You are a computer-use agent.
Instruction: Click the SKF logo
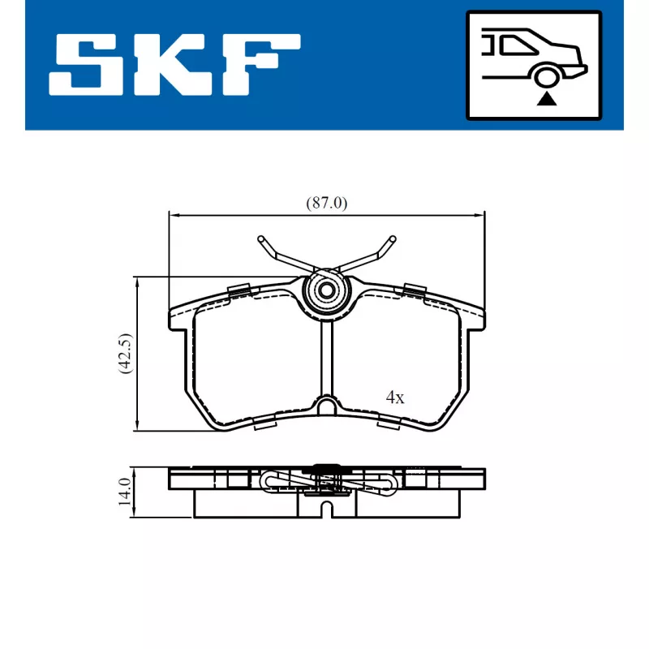pos(174,64)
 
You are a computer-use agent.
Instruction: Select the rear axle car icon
pos(533,64)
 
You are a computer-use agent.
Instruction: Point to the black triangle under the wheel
pos(548,100)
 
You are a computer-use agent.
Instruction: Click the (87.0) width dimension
pos(326,204)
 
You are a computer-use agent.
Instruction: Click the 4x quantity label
pos(395,398)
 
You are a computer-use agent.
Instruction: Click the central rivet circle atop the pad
pos(326,291)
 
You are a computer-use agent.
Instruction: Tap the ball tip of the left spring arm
pos(261,239)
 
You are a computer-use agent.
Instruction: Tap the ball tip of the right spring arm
pos(392,239)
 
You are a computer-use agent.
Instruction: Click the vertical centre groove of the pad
pos(326,357)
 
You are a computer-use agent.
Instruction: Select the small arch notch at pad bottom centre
pos(326,406)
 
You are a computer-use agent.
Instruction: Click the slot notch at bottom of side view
pos(326,509)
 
